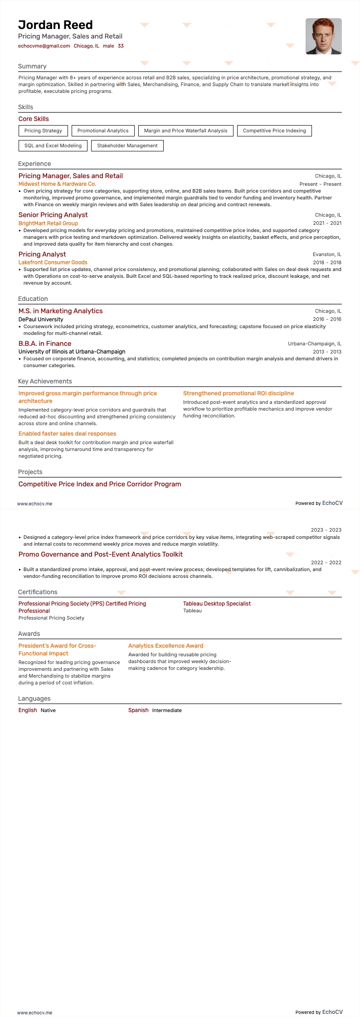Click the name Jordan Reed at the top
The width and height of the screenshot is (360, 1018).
pos(55,25)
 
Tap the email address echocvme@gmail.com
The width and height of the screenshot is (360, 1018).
pos(44,46)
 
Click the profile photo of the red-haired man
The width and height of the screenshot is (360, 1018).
pos(323,36)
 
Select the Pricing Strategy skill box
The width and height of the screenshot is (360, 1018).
pos(43,131)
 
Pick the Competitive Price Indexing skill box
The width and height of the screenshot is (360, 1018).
pos(274,131)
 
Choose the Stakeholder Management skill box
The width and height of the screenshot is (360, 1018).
pos(127,145)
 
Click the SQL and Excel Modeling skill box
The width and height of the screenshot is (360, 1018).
pos(53,145)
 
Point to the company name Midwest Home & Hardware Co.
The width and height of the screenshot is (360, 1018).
pos(57,184)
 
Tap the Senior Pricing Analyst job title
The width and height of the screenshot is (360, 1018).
pos(53,215)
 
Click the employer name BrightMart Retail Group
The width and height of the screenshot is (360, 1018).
pos(48,223)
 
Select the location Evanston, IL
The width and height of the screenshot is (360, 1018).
pos(327,254)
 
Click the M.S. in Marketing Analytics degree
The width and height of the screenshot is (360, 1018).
pos(60,311)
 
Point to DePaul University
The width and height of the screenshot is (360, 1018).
pos(41,320)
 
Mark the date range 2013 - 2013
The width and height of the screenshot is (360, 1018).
pos(327,352)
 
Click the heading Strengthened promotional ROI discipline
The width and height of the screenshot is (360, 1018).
pos(238,393)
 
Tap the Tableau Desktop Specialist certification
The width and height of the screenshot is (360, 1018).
pos(217,604)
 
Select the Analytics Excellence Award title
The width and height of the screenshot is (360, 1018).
pos(165,646)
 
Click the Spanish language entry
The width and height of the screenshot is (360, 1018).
pos(138,710)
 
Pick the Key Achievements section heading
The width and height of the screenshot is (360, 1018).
pos(45,381)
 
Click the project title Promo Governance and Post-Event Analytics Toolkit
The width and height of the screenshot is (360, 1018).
pos(101,554)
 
